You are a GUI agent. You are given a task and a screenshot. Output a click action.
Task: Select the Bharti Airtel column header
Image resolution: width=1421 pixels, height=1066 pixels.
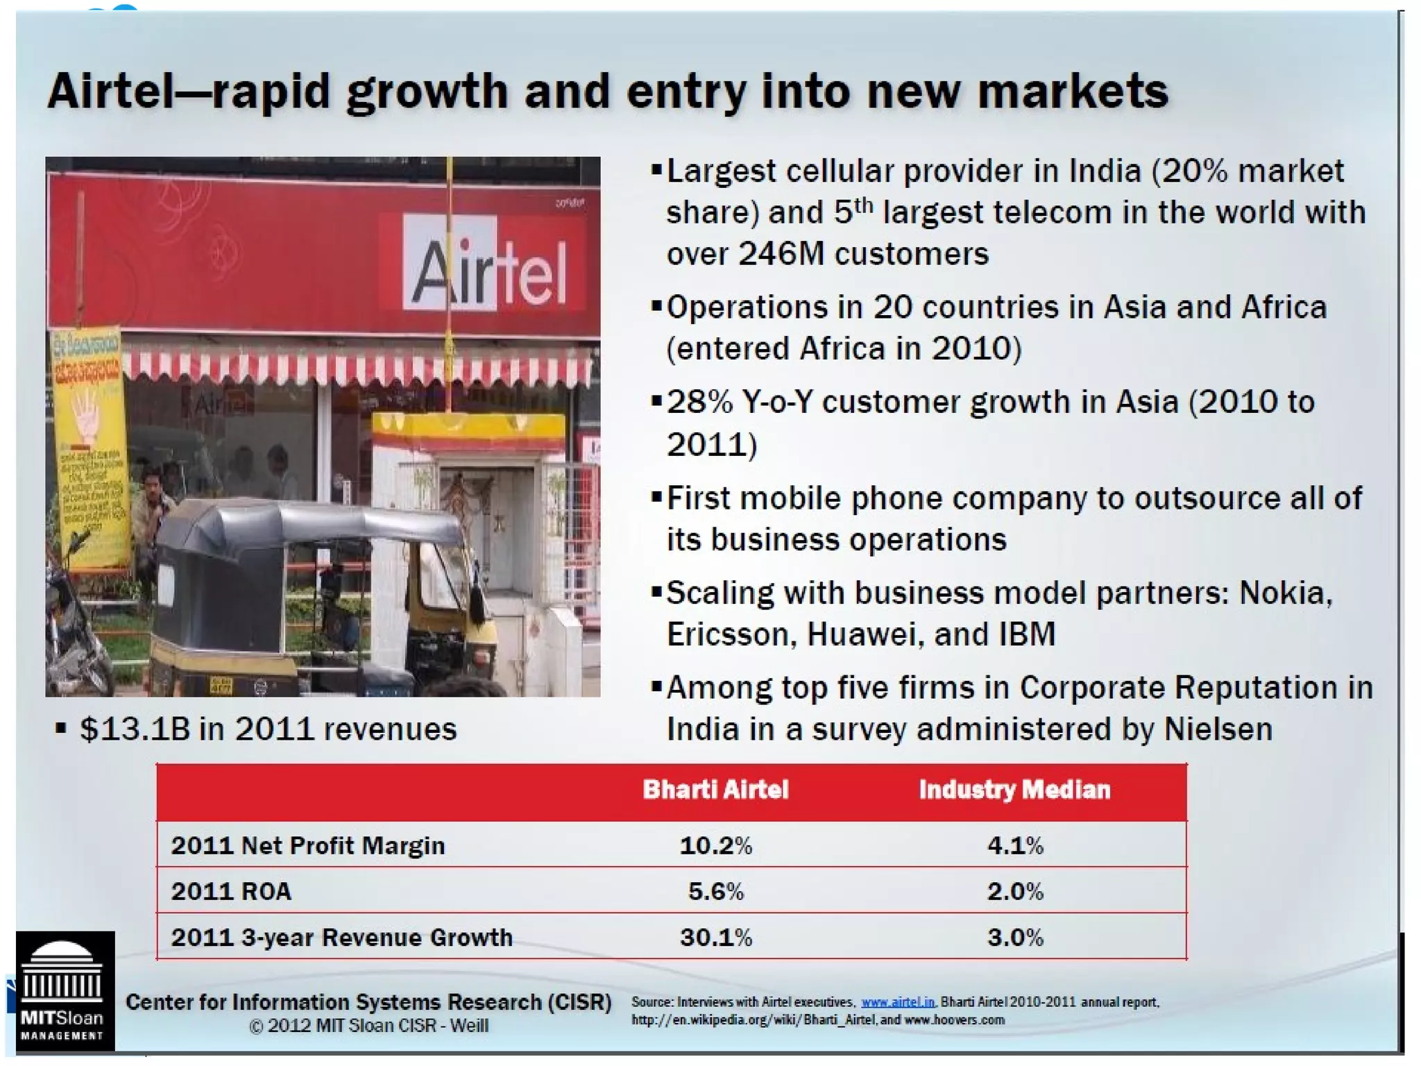click(715, 790)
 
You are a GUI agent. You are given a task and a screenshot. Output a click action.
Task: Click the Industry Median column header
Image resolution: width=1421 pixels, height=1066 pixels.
click(1014, 790)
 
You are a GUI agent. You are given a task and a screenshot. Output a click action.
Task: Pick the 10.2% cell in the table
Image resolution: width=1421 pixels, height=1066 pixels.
click(715, 845)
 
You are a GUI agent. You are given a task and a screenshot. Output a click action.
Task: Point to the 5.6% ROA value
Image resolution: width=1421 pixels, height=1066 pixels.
click(715, 891)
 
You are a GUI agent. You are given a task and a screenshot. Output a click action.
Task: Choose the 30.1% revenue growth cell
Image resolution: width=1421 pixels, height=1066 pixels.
click(715, 938)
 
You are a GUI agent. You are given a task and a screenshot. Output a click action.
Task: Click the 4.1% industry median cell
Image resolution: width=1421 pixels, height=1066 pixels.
click(1015, 845)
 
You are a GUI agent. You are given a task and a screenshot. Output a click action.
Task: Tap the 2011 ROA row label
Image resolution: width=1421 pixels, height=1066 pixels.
click(231, 891)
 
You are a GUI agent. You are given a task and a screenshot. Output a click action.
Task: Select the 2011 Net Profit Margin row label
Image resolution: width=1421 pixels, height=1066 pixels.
click(308, 845)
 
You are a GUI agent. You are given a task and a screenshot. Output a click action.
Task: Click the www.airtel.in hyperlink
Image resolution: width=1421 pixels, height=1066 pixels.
click(897, 1002)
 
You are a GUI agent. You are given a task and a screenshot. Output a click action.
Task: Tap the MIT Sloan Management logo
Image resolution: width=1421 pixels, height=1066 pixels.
click(65, 991)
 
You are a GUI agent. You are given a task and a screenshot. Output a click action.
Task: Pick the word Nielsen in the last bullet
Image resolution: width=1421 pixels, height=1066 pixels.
click(1218, 729)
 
